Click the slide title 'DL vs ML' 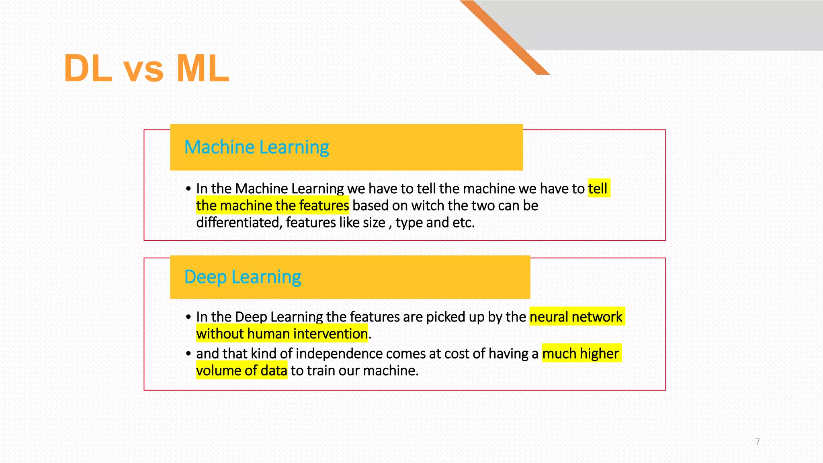146,68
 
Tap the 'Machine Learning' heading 256,147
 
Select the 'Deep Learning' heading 242,277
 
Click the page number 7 757,442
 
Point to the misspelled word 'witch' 428,206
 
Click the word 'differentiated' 239,223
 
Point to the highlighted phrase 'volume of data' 242,371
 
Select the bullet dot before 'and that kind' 188,354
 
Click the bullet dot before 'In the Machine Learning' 188,188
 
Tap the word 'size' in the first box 374,223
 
